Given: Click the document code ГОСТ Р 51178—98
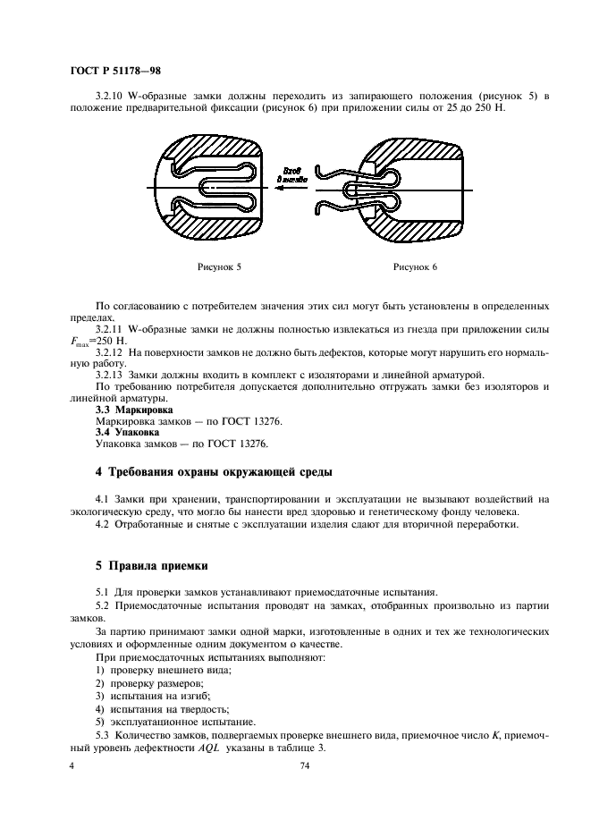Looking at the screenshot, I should (115, 70).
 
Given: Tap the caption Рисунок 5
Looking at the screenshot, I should (219, 266).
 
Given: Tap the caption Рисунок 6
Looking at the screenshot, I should (416, 266).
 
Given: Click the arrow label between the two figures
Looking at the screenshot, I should (294, 175).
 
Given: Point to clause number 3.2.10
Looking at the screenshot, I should (112, 96).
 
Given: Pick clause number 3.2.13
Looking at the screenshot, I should (112, 374).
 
